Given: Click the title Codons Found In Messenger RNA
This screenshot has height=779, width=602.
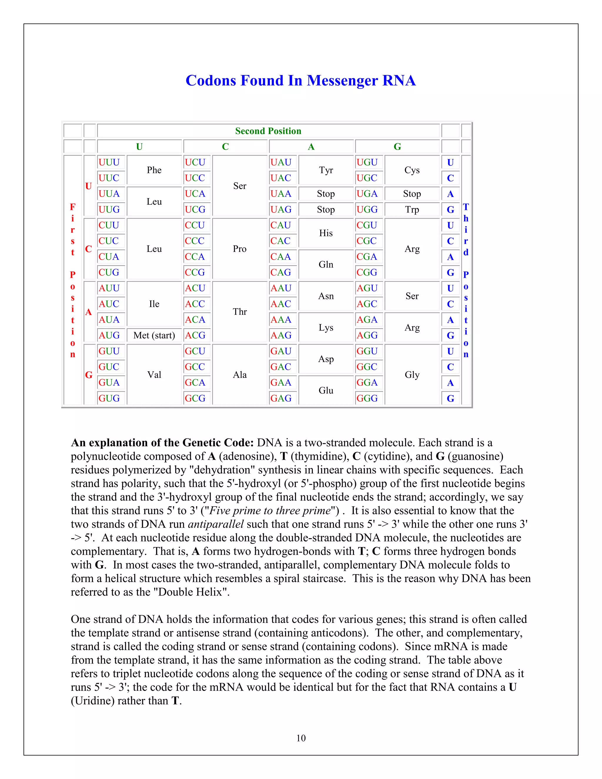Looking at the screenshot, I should coord(300,81).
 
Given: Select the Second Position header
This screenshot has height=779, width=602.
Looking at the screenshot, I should coord(268,131).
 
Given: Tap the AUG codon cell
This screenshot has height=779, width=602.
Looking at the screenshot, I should coord(109,335).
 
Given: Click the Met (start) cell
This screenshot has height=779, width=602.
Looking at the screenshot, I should coord(154,335).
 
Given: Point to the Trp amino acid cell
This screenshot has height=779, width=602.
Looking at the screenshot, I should coord(412,209).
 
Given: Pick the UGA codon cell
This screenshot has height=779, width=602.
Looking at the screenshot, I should coord(367,194).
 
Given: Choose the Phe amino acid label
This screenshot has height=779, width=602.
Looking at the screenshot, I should coord(154,170).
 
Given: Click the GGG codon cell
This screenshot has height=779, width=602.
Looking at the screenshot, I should coord(367,398).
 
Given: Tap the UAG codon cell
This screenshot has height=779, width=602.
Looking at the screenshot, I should coord(281,209).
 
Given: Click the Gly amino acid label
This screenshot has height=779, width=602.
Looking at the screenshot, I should coord(412,375).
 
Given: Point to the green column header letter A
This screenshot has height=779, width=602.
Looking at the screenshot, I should coord(311,147).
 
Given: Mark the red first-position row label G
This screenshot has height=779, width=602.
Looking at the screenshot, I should coord(89,375).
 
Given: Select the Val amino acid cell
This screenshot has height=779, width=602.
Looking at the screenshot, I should coord(154,375).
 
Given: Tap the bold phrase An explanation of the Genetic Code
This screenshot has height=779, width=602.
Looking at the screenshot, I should coord(162,443).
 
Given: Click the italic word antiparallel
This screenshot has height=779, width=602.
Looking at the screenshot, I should coord(216,524).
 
